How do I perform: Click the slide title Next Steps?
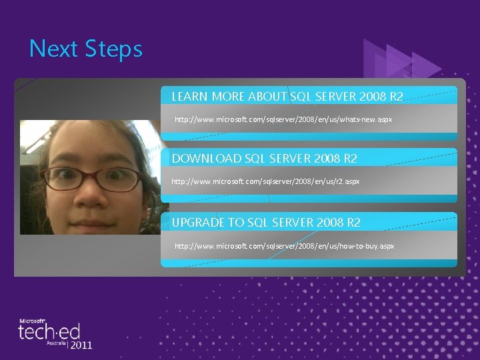86,49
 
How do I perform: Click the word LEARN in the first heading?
189,97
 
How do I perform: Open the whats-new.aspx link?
283,119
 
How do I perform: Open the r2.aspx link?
265,181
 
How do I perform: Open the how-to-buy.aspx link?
285,246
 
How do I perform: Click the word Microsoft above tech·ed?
31,321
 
